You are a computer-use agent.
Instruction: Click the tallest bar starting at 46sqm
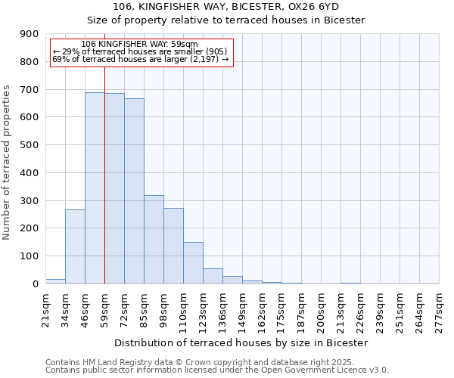click(x=95, y=188)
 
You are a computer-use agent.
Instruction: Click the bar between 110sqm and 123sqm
click(x=193, y=263)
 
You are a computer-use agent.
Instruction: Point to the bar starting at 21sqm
click(x=55, y=281)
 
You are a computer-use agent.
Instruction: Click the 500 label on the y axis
click(x=30, y=145)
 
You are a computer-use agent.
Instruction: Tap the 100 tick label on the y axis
click(x=30, y=256)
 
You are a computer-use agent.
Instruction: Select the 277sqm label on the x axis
click(x=440, y=308)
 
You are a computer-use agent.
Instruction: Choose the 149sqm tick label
click(x=242, y=308)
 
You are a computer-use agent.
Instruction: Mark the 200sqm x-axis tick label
click(x=322, y=308)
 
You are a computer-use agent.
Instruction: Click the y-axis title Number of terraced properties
click(x=7, y=162)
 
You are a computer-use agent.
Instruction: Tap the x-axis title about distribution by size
click(x=243, y=342)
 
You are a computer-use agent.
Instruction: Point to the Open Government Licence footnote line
click(x=217, y=370)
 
